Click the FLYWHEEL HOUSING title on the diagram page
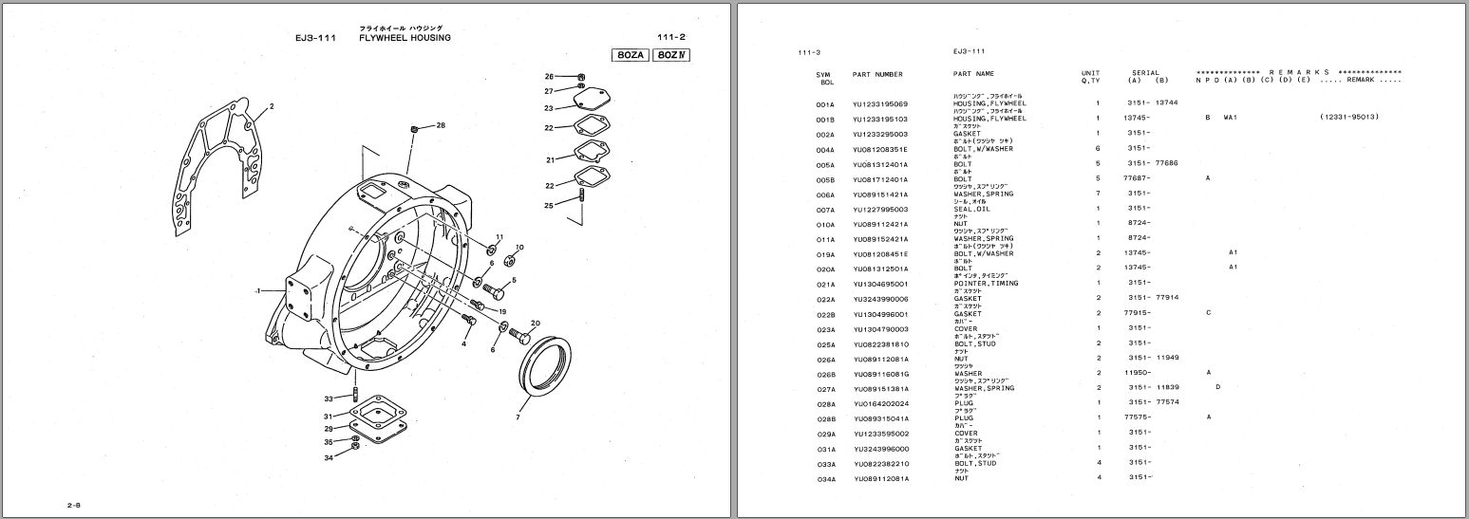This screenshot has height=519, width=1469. (x=405, y=38)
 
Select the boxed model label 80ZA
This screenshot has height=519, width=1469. (x=631, y=55)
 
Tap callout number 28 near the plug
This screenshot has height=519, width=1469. (x=440, y=125)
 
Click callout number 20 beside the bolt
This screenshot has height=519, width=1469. (x=535, y=324)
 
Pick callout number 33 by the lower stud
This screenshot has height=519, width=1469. (x=329, y=399)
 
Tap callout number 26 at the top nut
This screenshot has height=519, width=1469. (x=549, y=76)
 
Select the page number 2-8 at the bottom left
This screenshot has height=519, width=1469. (x=73, y=507)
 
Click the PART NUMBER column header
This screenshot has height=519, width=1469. (x=877, y=74)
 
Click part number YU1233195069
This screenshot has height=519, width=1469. (x=880, y=103)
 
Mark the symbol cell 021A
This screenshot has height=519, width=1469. (x=825, y=284)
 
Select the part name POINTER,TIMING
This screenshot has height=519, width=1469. (x=985, y=284)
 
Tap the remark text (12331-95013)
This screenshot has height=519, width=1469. (x=1348, y=118)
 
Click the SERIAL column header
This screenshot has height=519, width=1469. (x=1145, y=73)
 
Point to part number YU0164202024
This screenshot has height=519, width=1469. (x=880, y=403)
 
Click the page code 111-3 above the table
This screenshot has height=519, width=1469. (x=810, y=51)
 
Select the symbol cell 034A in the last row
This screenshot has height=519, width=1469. (x=825, y=478)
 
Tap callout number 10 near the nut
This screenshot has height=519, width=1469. (x=518, y=247)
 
